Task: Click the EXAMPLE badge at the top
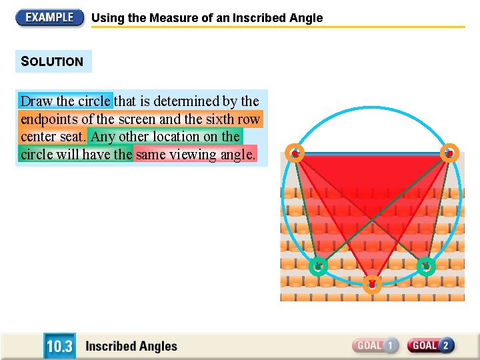[50, 17]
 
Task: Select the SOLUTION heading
[53, 61]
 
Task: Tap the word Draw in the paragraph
[36, 101]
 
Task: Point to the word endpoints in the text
[49, 119]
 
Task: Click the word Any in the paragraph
[103, 137]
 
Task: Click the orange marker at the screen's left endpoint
[295, 153]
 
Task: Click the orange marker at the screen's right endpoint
[450, 153]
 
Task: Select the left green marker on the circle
[319, 266]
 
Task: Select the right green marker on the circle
[426, 266]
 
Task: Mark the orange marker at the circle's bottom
[372, 284]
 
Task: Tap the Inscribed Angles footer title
[131, 346]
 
